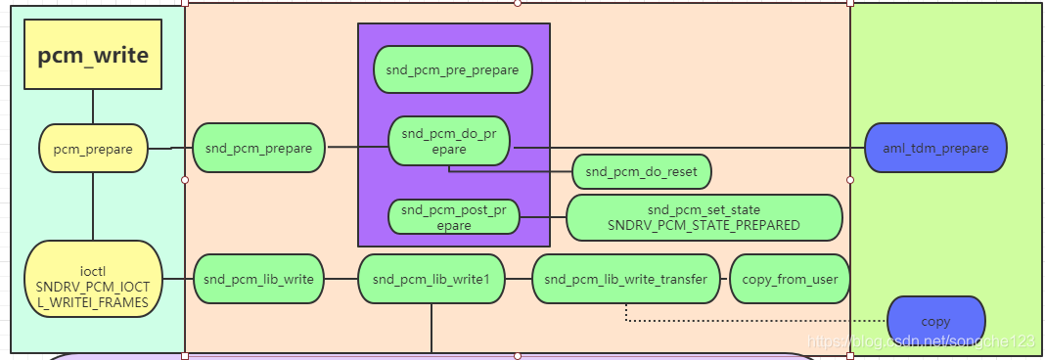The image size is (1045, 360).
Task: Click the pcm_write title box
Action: [93, 56]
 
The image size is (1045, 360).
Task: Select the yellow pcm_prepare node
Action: [93, 148]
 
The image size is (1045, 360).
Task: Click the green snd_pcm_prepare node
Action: [258, 148]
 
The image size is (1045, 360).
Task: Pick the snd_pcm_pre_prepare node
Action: [452, 69]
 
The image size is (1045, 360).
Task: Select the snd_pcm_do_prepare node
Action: [449, 141]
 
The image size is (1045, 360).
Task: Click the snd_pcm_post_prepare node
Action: [453, 216]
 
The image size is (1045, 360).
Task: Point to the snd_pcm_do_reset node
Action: [641, 172]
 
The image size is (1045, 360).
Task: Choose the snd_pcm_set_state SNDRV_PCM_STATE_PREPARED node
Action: [704, 217]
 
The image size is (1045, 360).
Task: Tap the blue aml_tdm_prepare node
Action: [935, 148]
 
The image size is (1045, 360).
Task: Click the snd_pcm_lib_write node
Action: [258, 279]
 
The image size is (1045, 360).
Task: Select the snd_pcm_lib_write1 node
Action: [431, 279]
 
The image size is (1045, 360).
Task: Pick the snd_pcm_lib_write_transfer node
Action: [625, 279]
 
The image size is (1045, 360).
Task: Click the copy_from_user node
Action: [790, 279]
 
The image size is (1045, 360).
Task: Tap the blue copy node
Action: [935, 321]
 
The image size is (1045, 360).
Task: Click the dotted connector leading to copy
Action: [753, 321]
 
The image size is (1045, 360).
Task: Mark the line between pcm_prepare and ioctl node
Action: [93, 205]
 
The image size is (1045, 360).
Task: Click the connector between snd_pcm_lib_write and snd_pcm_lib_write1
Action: [341, 279]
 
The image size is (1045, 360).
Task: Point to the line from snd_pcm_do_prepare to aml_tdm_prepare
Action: [685, 148]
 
